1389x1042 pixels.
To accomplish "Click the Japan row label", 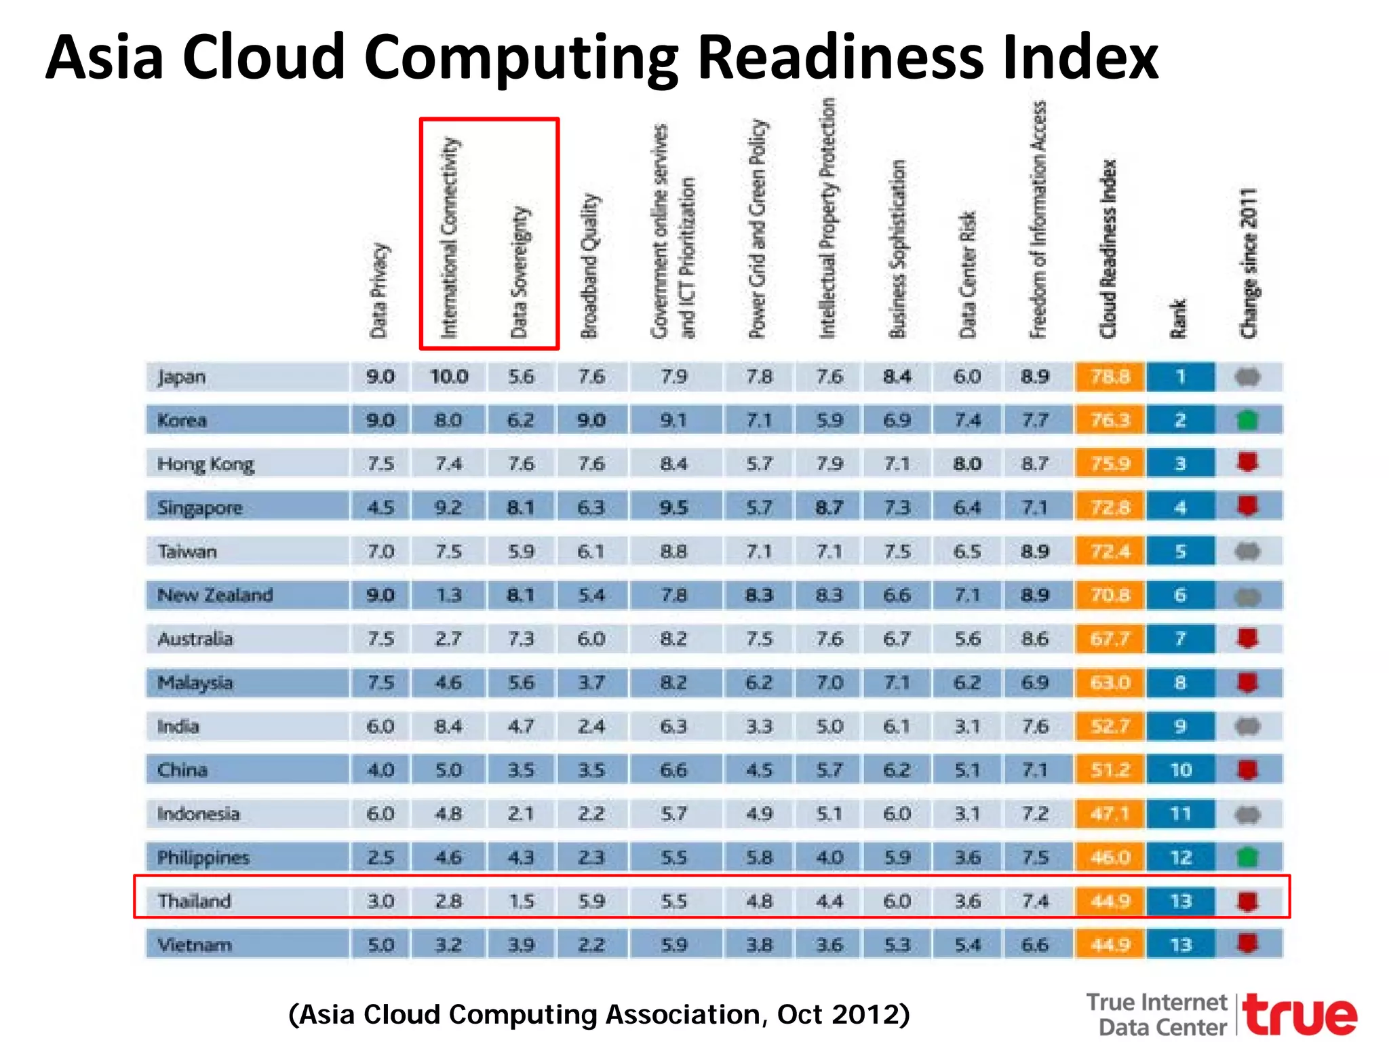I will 182,377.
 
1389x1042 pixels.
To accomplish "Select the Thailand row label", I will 195,901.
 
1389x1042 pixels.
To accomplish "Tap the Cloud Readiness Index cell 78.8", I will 1110,377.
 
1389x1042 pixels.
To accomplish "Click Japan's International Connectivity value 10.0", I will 449,377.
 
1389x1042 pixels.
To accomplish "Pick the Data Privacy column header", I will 378,290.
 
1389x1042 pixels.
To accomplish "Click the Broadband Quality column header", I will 589,266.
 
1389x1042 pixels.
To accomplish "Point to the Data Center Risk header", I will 967,274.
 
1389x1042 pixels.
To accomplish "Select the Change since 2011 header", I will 1248,263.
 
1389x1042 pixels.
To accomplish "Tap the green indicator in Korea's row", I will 1247,421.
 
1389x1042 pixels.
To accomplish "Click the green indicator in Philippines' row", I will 1247,857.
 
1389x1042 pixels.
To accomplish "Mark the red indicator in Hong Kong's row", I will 1247,463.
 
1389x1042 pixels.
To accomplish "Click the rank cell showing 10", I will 1181,770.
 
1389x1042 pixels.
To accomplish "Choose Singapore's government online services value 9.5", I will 673,507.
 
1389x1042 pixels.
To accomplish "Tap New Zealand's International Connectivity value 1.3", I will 449,595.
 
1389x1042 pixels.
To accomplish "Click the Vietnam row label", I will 195,944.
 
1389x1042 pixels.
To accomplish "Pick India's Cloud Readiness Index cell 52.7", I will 1110,727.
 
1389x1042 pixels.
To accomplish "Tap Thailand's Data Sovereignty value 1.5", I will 521,901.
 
